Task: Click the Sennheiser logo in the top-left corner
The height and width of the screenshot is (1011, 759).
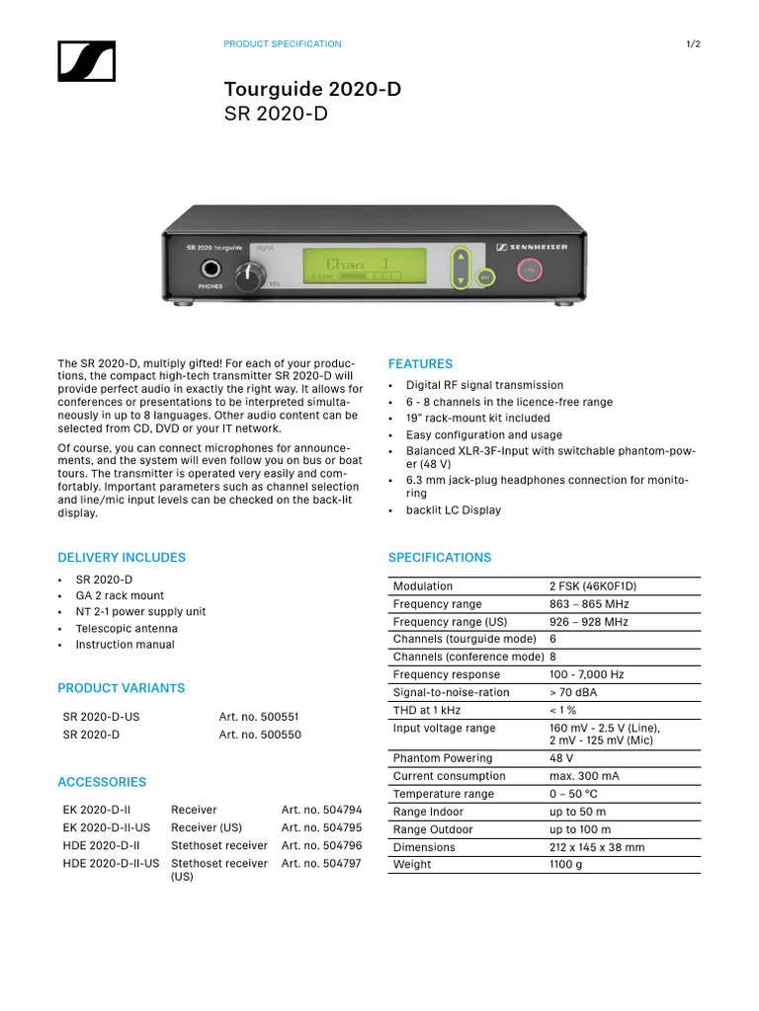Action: coord(87,61)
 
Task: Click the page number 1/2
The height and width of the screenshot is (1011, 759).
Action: coord(693,44)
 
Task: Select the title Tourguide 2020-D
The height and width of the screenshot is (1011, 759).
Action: coord(312,90)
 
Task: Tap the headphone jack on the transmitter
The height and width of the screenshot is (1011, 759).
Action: coord(211,269)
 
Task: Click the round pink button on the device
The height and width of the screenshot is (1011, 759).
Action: coord(529,269)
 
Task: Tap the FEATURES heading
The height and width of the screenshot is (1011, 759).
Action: coord(420,364)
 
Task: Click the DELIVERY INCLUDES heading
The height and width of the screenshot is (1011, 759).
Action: coord(122,558)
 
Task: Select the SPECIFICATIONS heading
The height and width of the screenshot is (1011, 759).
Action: coord(439,558)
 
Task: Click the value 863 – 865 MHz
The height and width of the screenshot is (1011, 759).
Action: coord(589,604)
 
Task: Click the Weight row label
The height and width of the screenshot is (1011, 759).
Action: coord(412,865)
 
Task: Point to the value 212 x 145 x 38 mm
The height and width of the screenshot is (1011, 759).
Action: coord(597,847)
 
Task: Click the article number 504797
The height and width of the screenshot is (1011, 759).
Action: coord(321,864)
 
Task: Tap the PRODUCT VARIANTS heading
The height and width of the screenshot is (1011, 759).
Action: coord(121,688)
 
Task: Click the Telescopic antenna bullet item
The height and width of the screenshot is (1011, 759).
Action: coord(126,629)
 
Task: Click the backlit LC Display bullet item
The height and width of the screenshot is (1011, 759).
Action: coord(453,510)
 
